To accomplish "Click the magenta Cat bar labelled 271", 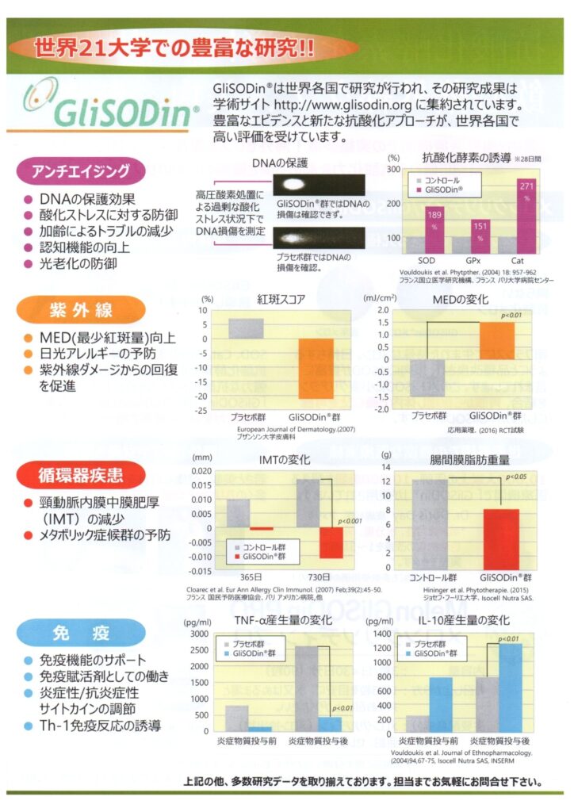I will pyautogui.click(x=526, y=214).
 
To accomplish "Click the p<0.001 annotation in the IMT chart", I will pyautogui.click(x=350, y=521).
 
